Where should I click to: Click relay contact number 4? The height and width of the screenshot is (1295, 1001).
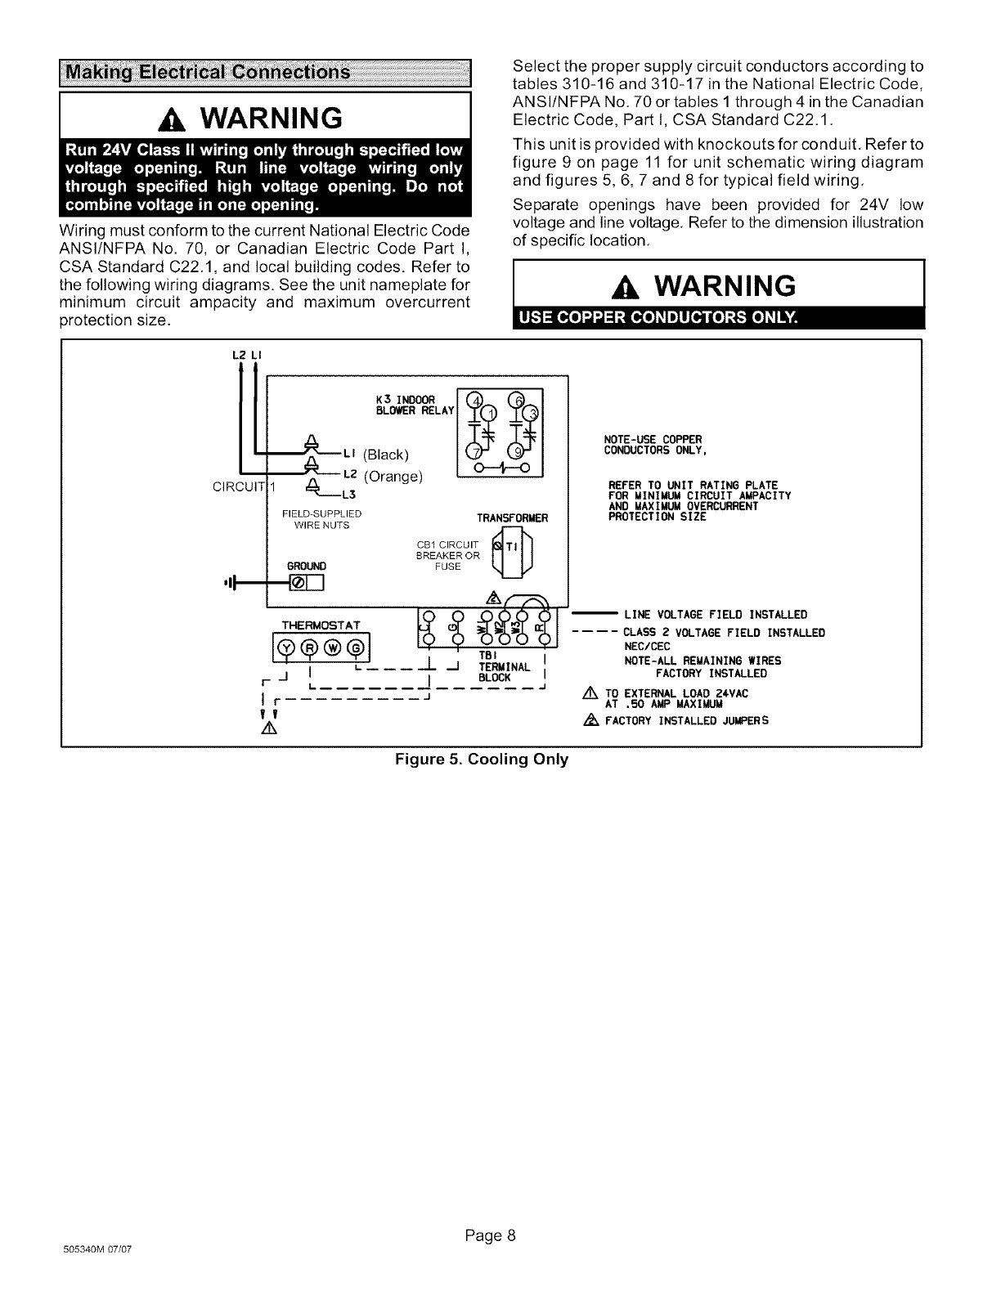click(x=474, y=401)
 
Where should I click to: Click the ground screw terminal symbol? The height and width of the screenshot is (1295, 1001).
click(x=297, y=582)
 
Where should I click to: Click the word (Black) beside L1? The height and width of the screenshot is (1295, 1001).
click(x=384, y=455)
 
